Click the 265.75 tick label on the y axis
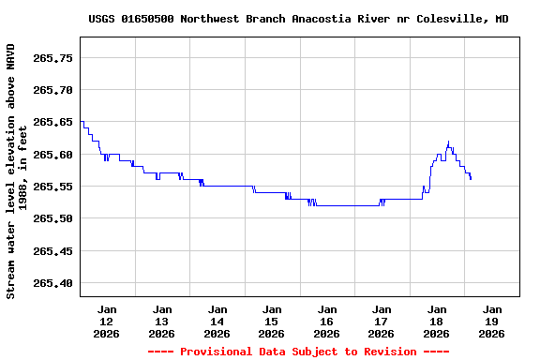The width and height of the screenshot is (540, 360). [53, 58]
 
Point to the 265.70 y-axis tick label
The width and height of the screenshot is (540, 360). [53, 90]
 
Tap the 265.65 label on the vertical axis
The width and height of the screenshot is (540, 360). [53, 122]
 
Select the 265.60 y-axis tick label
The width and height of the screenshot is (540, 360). [53, 155]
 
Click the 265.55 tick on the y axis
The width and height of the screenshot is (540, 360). [53, 187]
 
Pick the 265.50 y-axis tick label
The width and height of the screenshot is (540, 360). [53, 218]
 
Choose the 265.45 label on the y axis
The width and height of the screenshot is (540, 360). [53, 251]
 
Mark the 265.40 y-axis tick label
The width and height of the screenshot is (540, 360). [53, 283]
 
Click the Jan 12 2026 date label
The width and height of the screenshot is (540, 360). [107, 321]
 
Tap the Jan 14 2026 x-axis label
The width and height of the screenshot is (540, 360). [217, 321]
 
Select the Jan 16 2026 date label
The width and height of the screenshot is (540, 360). [326, 321]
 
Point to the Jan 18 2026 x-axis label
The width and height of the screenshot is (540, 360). [436, 321]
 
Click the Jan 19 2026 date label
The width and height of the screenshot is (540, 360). [491, 321]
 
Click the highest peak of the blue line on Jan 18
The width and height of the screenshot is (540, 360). [448, 142]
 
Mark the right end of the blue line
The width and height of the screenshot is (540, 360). [471, 179]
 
